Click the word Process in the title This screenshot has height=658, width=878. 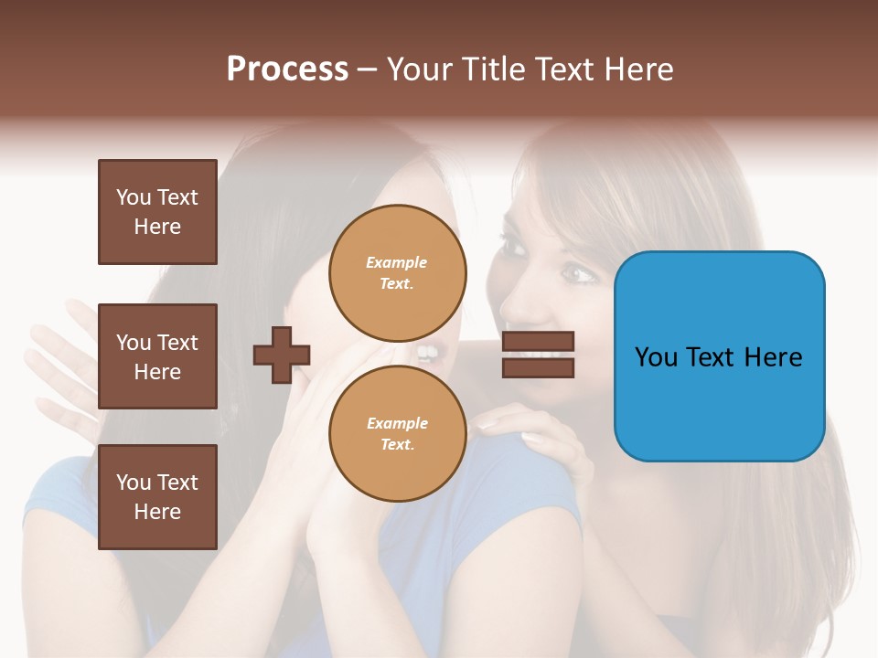(287, 69)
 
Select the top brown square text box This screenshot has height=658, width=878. (157, 212)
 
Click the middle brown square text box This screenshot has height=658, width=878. (157, 356)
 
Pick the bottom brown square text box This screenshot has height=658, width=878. (157, 496)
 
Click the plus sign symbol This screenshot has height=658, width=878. (282, 354)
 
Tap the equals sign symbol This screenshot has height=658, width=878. (538, 355)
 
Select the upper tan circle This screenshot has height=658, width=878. (397, 272)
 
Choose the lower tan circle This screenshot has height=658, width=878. (397, 433)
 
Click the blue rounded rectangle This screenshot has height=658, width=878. (719, 356)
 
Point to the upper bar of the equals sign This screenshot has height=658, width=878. (538, 342)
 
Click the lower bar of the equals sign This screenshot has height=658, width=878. (538, 367)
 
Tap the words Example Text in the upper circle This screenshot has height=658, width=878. (397, 272)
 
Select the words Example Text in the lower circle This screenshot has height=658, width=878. (397, 433)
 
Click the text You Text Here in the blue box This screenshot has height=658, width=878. (719, 356)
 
